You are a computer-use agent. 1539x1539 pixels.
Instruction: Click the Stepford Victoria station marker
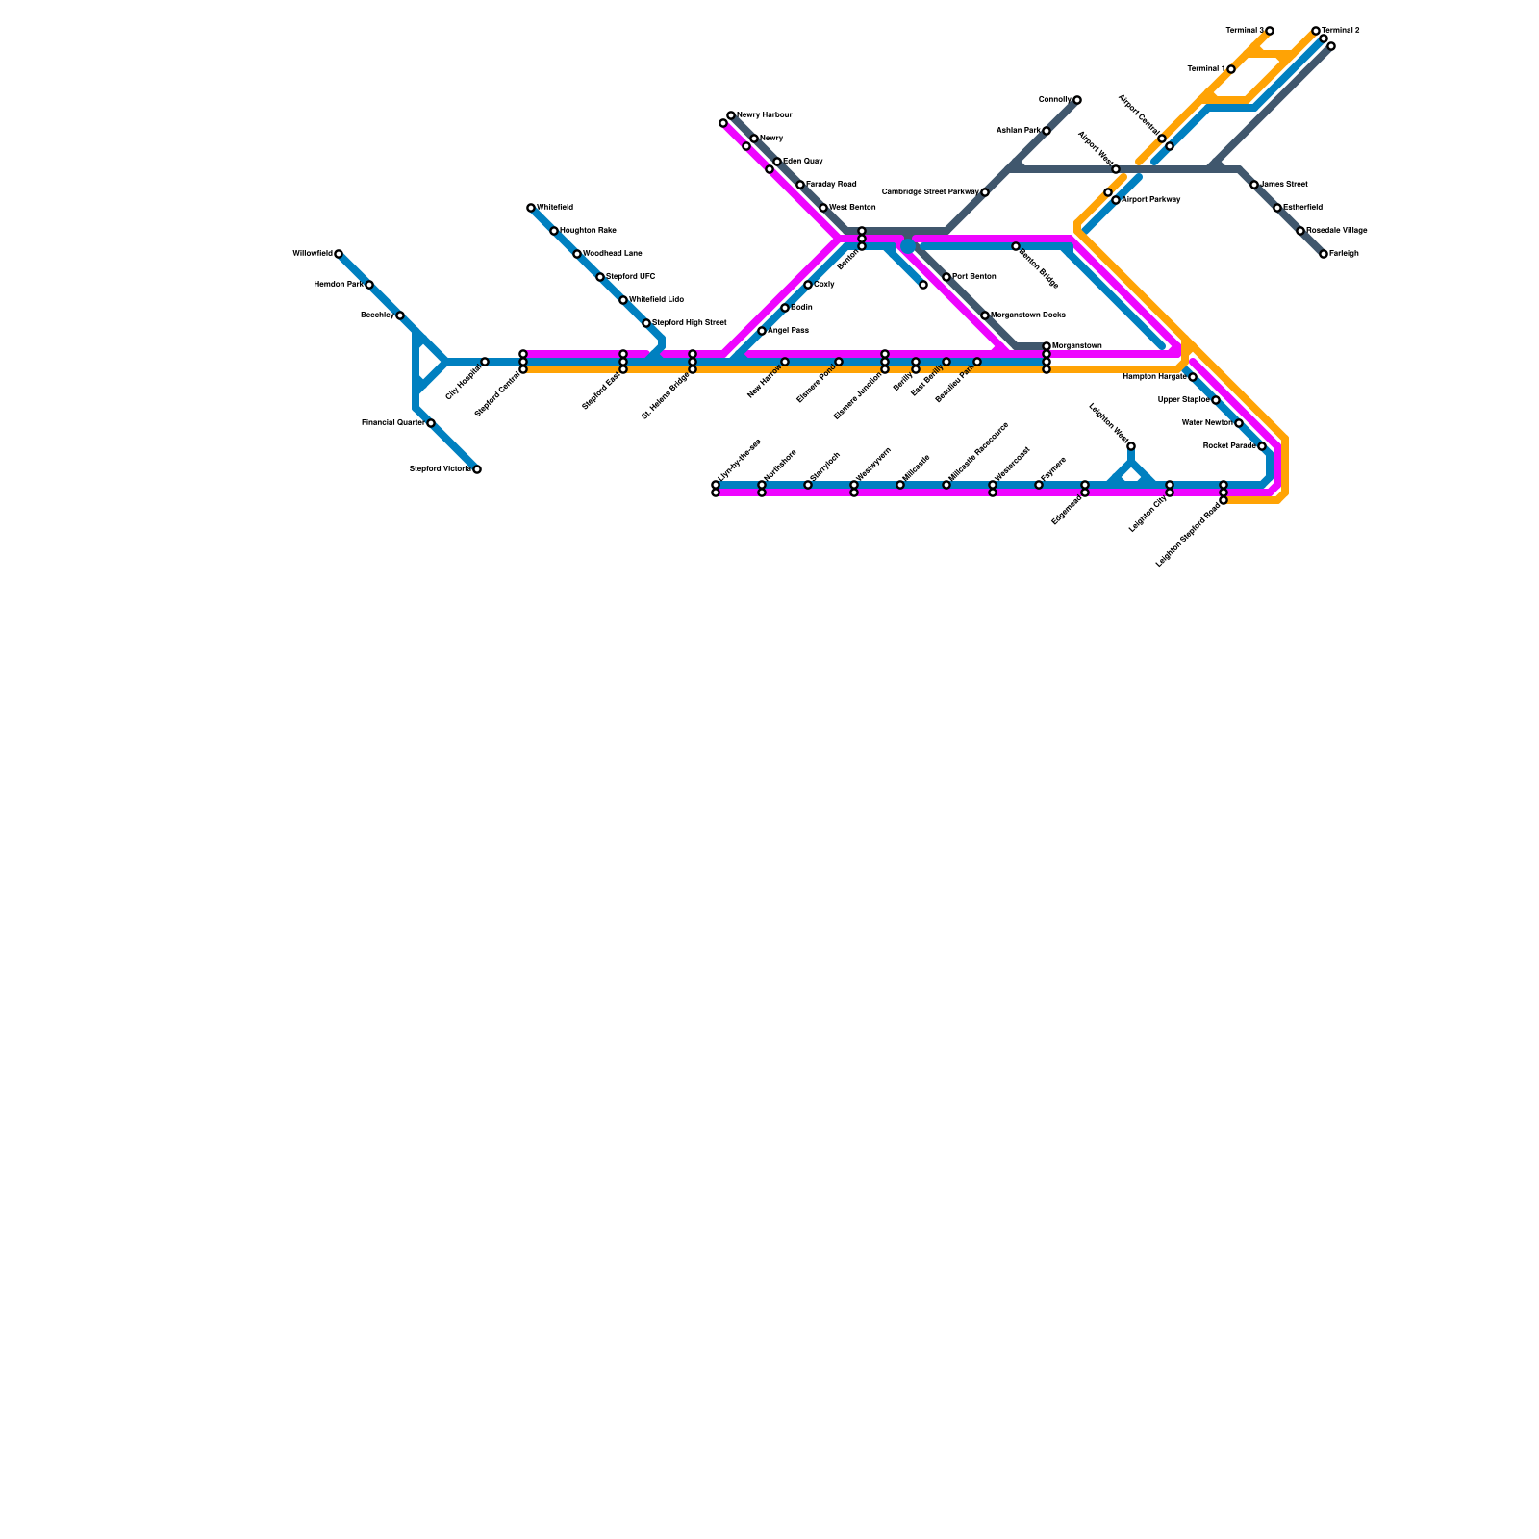pos(477,469)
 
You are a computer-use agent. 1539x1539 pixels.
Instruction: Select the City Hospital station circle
pos(485,362)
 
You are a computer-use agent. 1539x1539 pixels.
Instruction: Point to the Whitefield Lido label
pos(657,300)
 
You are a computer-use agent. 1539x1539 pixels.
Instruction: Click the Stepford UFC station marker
pos(600,277)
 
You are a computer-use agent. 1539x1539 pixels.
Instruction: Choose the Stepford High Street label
pos(690,323)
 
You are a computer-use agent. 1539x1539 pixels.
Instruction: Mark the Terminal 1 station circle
pos(1231,69)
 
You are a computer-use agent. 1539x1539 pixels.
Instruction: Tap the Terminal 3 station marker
pos(1270,31)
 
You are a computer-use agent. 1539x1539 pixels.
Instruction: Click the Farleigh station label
pos(1345,254)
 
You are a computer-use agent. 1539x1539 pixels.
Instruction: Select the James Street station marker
pos(1254,185)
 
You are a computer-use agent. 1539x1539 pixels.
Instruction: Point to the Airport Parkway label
pos(1151,200)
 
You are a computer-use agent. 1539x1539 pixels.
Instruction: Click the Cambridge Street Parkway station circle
pos(985,192)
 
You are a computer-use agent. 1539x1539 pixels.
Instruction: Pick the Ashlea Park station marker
pos(1047,131)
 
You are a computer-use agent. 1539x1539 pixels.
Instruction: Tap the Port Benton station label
pos(974,277)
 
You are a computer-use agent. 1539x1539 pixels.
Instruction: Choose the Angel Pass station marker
pos(762,331)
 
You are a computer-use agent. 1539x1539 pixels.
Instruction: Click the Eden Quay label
pos(803,162)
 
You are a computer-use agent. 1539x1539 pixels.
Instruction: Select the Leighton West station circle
pos(1131,446)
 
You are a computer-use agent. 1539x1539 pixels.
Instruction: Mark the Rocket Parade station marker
pos(1262,446)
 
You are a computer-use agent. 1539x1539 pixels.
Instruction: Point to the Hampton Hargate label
pos(1154,377)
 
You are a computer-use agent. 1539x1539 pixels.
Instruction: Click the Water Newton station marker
pos(1239,423)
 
